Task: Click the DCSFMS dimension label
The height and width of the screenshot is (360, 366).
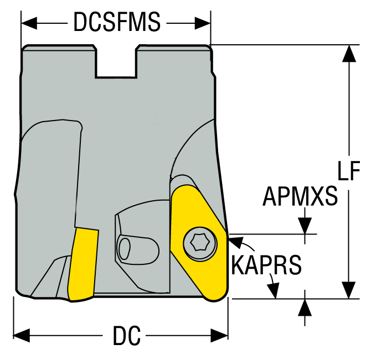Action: (117, 23)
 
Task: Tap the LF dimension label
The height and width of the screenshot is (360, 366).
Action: (348, 172)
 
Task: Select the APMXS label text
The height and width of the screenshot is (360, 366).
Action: (300, 196)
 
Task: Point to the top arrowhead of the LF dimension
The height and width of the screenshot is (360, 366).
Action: (348, 53)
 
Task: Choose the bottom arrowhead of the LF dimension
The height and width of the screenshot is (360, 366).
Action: (348, 290)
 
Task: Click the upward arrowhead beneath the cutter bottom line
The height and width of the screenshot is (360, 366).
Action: (304, 306)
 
